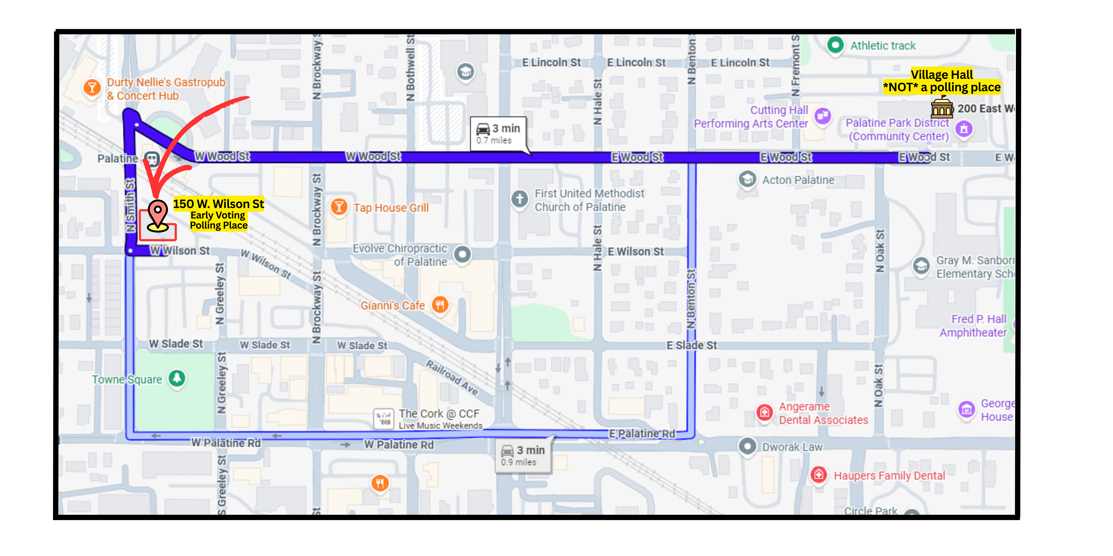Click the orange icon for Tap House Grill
[x=339, y=207]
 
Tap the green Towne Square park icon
[x=177, y=379]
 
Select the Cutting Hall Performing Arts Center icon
[x=823, y=116]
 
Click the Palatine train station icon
[x=152, y=159]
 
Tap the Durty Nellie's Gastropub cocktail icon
[x=92, y=88]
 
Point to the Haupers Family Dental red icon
[x=818, y=475]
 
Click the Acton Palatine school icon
[x=747, y=179]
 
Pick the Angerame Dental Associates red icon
[x=764, y=412]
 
